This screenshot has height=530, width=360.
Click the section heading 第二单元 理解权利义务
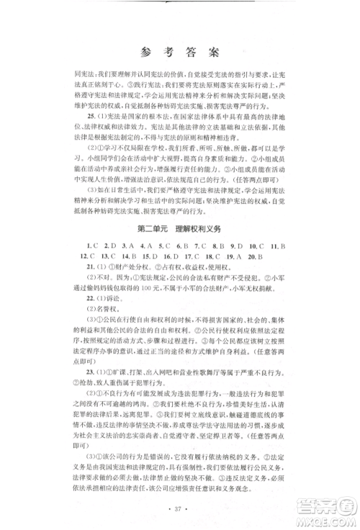click(179, 228)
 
